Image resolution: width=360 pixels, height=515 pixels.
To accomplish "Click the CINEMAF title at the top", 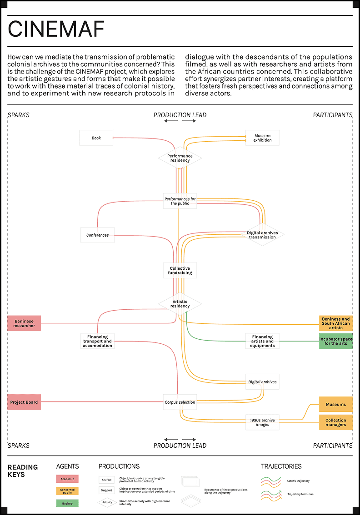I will click(56, 30).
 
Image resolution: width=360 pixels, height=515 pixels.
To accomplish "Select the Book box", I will click(96, 138).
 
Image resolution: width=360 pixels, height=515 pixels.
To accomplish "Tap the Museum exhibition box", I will click(262, 138).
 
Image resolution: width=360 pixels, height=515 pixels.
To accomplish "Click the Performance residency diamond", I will click(180, 158).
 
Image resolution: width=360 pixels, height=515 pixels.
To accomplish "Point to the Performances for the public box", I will click(180, 201).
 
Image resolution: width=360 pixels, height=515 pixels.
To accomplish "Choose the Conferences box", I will click(98, 235).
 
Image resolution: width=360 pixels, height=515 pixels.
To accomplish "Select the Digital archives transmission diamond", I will click(262, 235).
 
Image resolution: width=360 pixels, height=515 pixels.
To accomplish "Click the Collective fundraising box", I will click(180, 271).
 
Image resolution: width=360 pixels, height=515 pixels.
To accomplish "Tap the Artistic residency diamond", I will click(180, 304).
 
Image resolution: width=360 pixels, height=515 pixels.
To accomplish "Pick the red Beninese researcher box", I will click(24, 323).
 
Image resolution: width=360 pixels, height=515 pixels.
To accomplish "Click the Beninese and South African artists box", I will click(336, 323).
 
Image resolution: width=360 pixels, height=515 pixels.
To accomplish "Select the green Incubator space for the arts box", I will click(336, 341).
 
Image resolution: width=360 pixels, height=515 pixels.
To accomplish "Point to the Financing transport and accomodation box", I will click(97, 341).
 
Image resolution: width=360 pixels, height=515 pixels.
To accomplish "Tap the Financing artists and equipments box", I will click(262, 341).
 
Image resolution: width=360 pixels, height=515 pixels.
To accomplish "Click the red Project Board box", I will click(24, 402).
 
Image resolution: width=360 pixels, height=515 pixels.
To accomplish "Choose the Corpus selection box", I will click(180, 402).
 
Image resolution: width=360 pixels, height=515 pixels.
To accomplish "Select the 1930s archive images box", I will click(262, 422).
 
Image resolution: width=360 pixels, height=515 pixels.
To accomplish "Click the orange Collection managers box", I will click(336, 422).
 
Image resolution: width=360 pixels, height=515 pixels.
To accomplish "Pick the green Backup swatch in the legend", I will click(67, 503).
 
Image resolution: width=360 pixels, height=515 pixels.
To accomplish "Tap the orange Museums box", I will click(336, 404).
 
